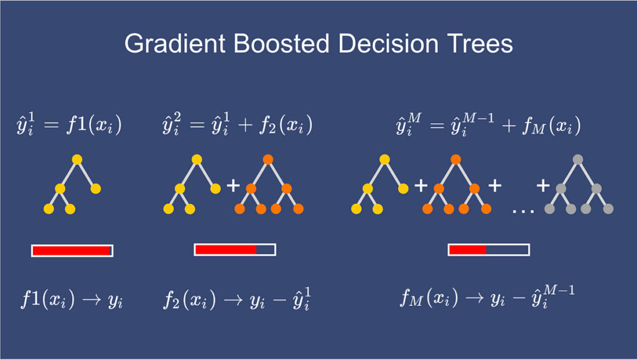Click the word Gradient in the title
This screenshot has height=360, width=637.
point(175,43)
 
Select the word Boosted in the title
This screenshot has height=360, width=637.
point(281,43)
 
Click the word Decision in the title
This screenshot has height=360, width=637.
point(388,43)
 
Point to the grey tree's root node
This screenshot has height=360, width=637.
point(578,160)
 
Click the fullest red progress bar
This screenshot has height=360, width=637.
point(72,251)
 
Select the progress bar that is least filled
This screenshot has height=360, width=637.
point(489,249)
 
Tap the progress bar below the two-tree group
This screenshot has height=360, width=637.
point(235,249)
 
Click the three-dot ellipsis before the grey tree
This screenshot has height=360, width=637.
point(523,211)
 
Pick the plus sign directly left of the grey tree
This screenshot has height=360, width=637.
point(543,186)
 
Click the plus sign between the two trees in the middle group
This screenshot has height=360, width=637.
point(233,186)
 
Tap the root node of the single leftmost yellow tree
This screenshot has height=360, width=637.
point(77,160)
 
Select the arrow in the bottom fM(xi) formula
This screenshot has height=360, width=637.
point(474,298)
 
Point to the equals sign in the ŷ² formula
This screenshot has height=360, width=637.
point(197,124)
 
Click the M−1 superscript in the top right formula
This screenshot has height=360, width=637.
point(478,118)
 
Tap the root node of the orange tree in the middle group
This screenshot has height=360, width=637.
point(267,160)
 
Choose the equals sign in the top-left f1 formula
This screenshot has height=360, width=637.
point(52,124)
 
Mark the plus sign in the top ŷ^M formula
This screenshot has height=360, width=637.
point(509,125)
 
